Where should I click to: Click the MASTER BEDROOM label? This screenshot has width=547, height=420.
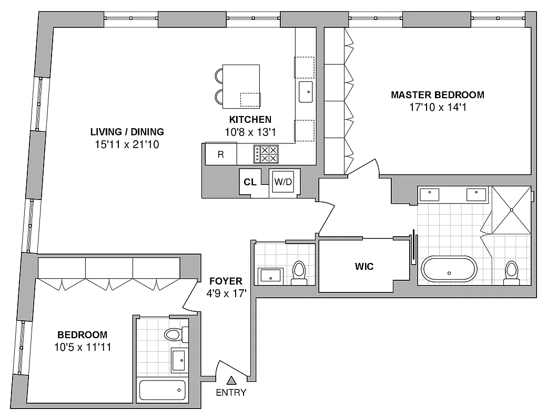[437, 95]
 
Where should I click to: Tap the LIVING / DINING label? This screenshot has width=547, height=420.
[127, 132]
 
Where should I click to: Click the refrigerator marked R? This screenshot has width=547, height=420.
[221, 155]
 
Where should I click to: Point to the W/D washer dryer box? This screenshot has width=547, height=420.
[285, 182]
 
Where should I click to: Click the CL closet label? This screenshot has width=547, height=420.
[250, 182]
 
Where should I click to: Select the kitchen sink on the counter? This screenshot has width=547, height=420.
[306, 91]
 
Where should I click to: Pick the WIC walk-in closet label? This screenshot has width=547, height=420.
[364, 267]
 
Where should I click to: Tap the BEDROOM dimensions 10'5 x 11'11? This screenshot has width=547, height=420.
[82, 347]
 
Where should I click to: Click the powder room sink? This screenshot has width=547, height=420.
[271, 275]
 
